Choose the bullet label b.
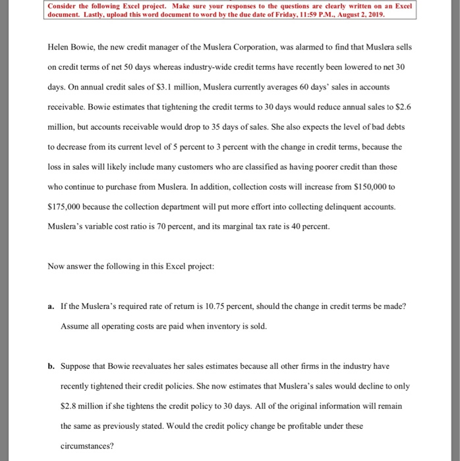[51, 365]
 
